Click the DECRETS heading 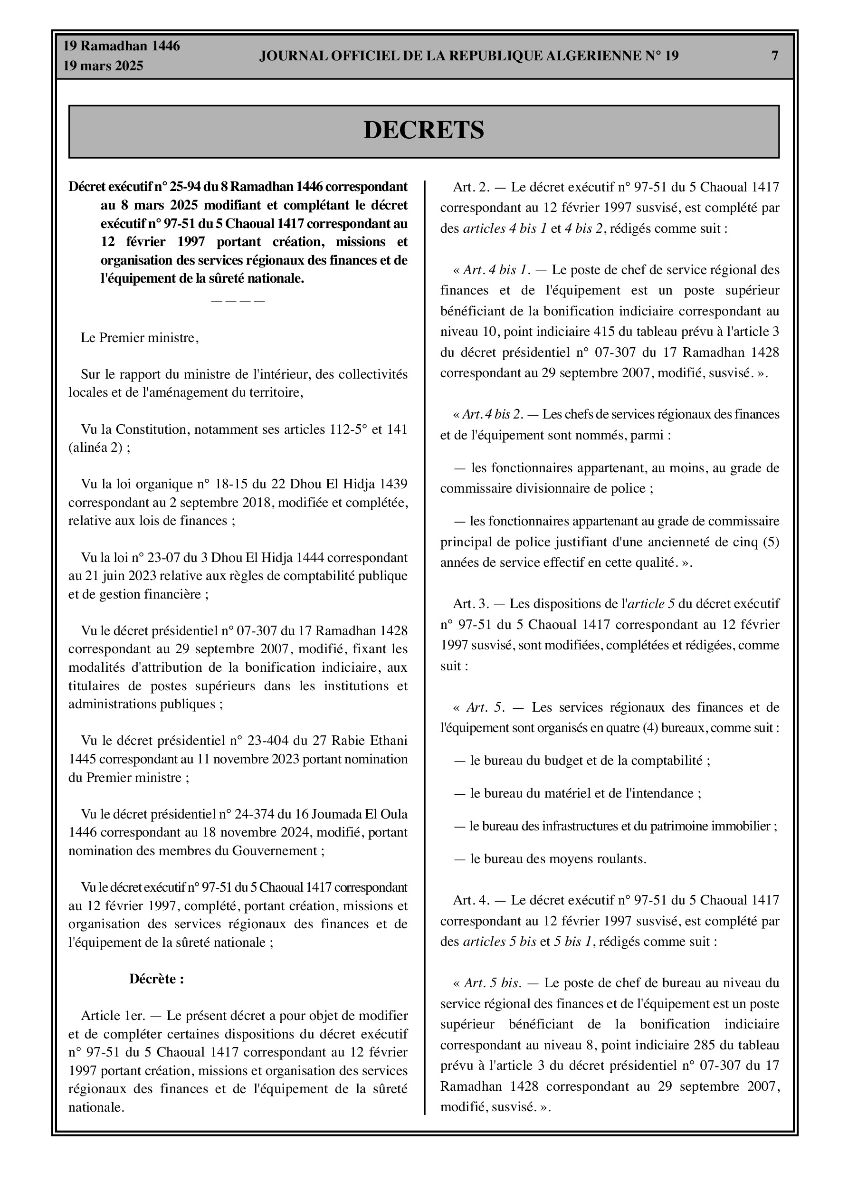[x=423, y=130]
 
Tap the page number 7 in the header [x=775, y=56]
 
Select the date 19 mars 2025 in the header [x=103, y=67]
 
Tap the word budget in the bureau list [x=562, y=761]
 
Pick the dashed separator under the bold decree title [x=238, y=302]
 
